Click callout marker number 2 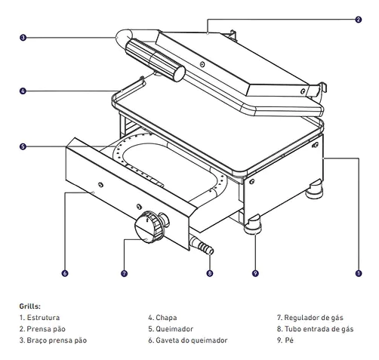(359, 20)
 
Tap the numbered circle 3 (23, 38)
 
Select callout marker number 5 (23, 146)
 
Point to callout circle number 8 (210, 273)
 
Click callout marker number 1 (359, 273)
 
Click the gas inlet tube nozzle (202, 245)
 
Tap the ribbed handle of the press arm (155, 60)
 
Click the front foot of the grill (252, 224)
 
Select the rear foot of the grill (314, 190)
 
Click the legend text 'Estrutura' (43, 318)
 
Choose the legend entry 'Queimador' (174, 329)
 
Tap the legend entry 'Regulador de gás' (313, 318)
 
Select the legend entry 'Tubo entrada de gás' (319, 329)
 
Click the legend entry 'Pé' (289, 340)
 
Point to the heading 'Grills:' (29, 306)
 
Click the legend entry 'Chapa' (166, 318)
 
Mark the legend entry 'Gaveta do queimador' (192, 340)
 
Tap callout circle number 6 (65, 273)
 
